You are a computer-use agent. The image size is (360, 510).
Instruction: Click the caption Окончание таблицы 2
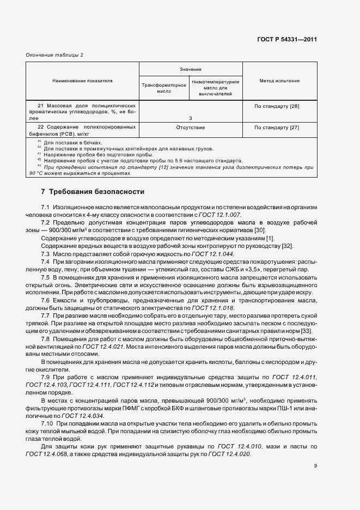[55, 55]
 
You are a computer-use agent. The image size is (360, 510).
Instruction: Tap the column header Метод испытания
[279, 81]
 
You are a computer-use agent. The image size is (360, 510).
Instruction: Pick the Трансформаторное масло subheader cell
[164, 89]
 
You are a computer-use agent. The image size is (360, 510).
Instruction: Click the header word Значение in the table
[191, 69]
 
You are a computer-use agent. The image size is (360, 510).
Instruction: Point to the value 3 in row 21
[191, 118]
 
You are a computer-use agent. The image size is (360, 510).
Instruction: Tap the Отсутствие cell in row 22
[191, 127]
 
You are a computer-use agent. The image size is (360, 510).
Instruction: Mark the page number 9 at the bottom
[315, 465]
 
